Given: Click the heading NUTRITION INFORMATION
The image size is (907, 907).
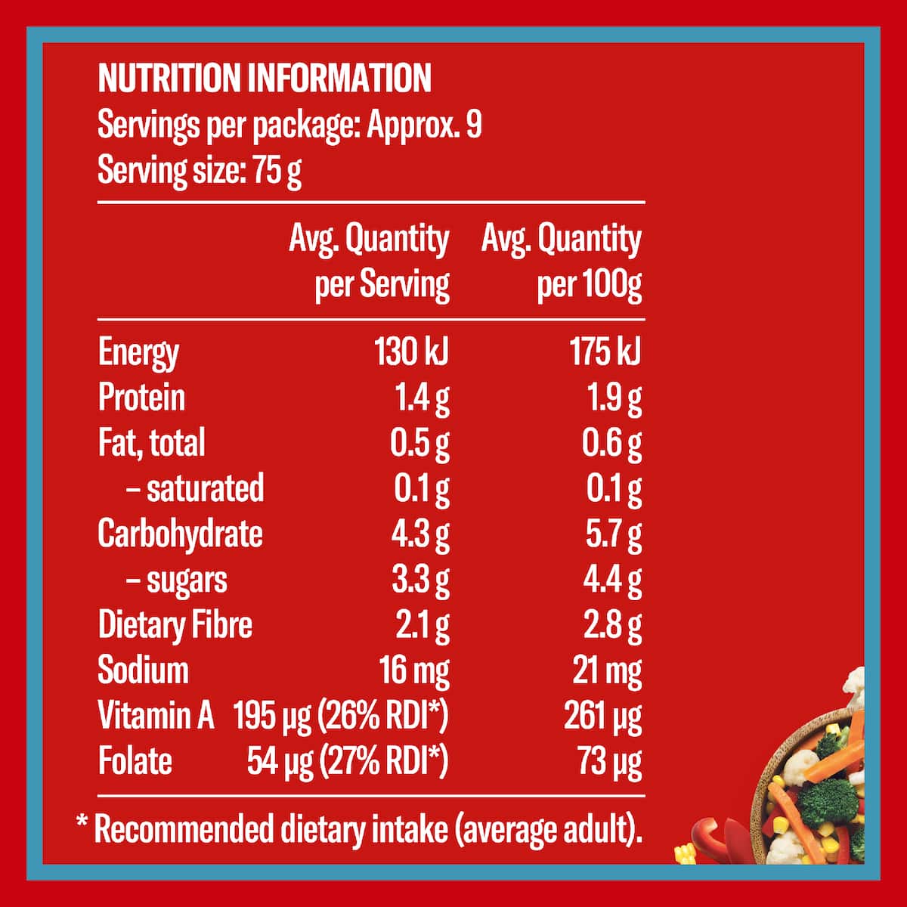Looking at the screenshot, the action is [265, 78].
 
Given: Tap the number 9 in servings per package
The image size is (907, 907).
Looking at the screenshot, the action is [474, 125].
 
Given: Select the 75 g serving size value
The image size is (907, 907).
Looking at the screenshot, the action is [277, 171].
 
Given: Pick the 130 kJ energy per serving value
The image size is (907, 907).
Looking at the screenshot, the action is [411, 351].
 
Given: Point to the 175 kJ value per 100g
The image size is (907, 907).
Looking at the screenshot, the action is [605, 351].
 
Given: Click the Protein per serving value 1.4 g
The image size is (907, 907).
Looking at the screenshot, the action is [423, 399].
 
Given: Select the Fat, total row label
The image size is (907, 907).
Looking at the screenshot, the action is [152, 443].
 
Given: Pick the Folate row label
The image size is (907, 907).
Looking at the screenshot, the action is [135, 762].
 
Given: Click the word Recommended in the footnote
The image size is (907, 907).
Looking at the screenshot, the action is [184, 830].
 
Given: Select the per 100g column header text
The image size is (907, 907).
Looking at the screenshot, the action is [590, 285].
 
